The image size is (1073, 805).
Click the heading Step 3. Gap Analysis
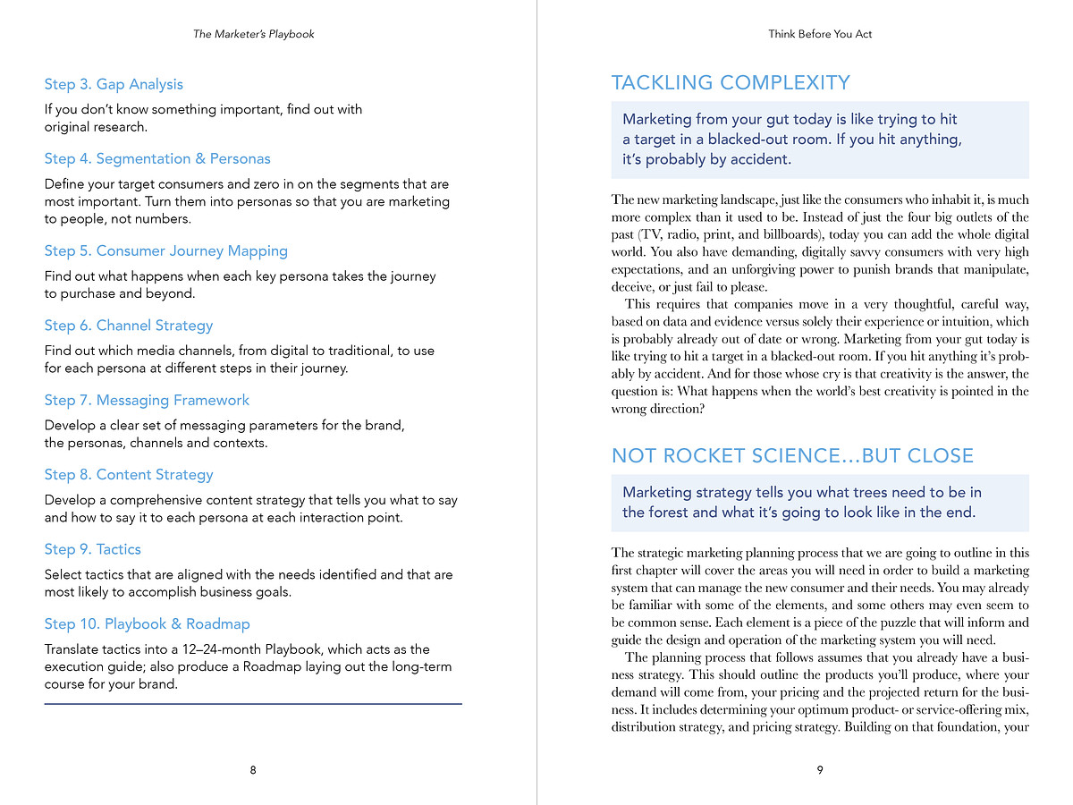(114, 84)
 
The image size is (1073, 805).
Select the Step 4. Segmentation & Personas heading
(157, 158)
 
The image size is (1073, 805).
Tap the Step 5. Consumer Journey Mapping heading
(166, 250)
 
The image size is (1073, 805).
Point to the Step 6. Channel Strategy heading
(129, 326)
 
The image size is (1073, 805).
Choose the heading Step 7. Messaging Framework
(147, 400)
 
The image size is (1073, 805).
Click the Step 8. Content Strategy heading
(129, 474)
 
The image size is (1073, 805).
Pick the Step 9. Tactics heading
(93, 549)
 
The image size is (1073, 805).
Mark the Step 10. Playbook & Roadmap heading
(148, 623)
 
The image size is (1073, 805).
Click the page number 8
(253, 770)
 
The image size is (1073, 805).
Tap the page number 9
(820, 770)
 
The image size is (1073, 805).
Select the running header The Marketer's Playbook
(254, 34)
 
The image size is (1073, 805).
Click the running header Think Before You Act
(820, 34)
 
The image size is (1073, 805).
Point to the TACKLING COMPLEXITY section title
(731, 83)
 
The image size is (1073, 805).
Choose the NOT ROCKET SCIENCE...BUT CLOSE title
(792, 456)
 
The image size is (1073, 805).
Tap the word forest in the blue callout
(670, 513)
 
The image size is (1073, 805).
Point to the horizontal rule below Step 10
(253, 704)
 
